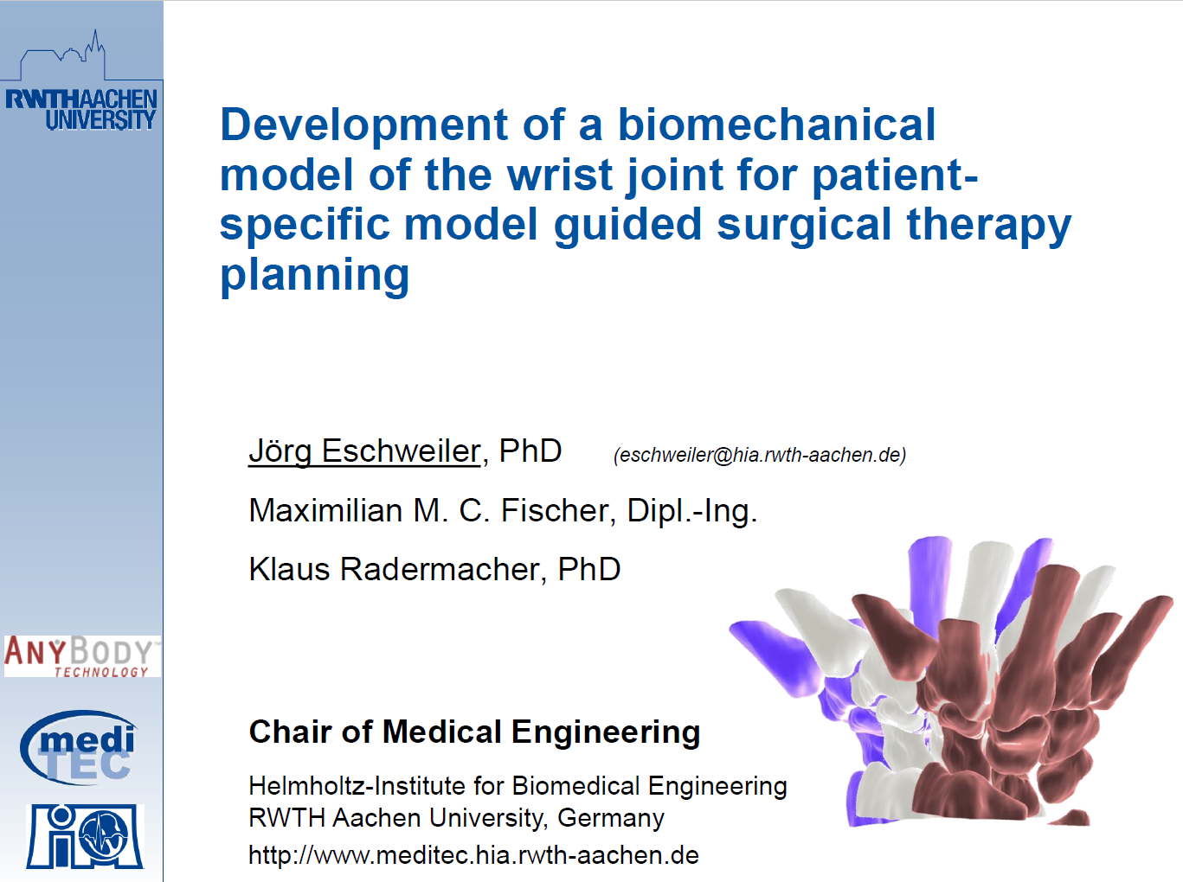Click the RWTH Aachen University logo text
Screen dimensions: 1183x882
[x=80, y=109]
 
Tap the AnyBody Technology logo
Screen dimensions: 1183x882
[x=82, y=655]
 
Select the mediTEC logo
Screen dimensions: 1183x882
[x=79, y=747]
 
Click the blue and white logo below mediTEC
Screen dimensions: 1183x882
[x=85, y=836]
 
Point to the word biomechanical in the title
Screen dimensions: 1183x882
[x=776, y=125]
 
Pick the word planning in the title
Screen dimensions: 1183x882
[x=315, y=276]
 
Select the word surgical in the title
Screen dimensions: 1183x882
[x=804, y=225]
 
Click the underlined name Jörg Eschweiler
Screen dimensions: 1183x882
[x=364, y=451]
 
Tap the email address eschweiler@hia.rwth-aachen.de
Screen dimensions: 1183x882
[x=760, y=455]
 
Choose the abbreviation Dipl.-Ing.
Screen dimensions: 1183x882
[x=692, y=512]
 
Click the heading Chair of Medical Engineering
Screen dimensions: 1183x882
[x=474, y=732]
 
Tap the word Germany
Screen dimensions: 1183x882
[x=611, y=819]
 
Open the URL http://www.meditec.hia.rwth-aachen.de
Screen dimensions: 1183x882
[x=473, y=855]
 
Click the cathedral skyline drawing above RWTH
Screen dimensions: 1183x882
[x=62, y=55]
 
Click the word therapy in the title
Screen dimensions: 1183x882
[x=989, y=225]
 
